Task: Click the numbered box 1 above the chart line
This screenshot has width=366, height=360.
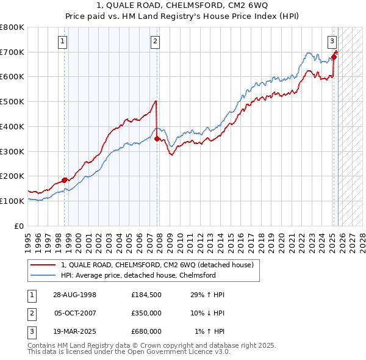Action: click(63, 41)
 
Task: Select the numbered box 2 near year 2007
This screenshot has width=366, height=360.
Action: click(156, 41)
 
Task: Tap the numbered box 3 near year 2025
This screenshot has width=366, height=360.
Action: click(332, 41)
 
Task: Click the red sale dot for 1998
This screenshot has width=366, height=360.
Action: click(65, 179)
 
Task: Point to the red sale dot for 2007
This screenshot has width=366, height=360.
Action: click(157, 139)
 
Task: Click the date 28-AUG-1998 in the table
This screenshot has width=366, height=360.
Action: click(76, 295)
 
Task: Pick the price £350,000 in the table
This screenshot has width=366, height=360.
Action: click(146, 313)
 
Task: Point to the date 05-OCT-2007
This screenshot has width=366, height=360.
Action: click(76, 313)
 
